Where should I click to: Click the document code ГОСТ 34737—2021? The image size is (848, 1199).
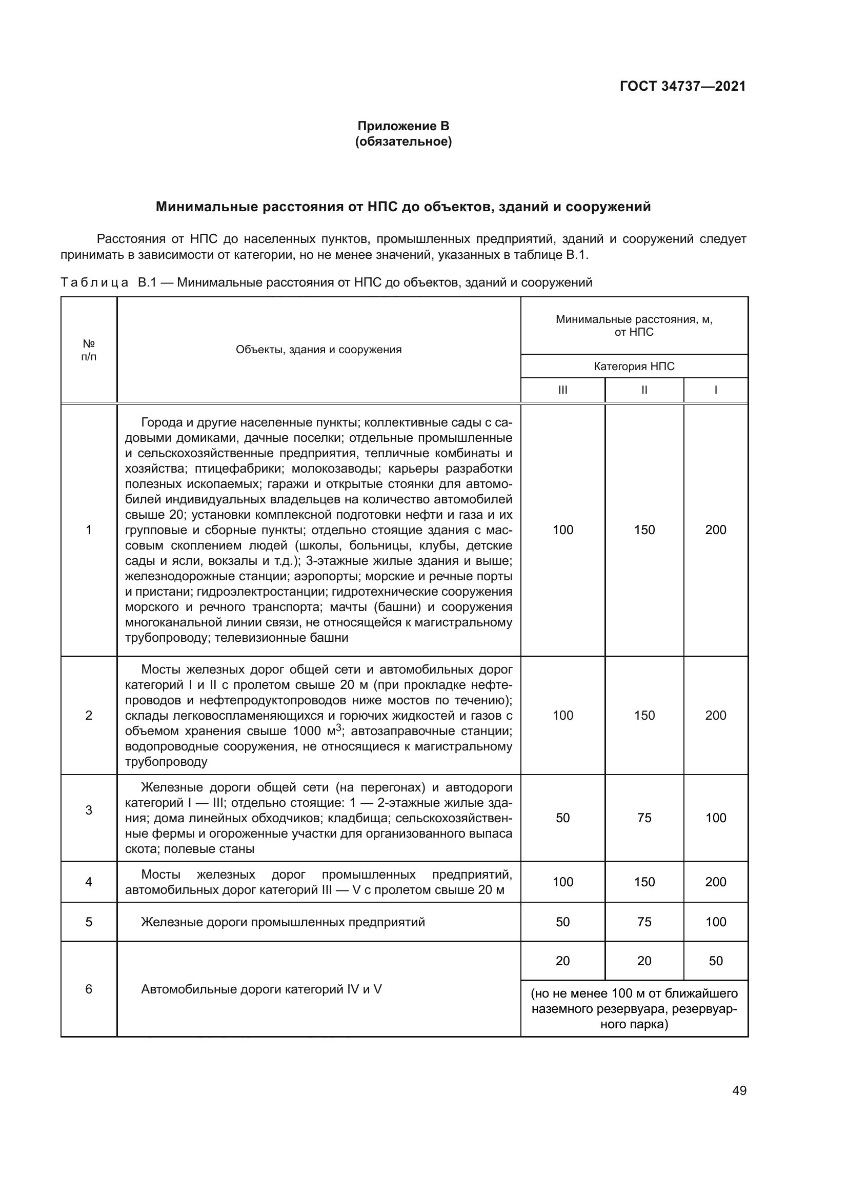[682, 86]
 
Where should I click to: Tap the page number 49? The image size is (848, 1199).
[739, 1090]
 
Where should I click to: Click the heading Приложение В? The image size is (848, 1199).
[403, 126]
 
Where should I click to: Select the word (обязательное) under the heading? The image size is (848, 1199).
[403, 141]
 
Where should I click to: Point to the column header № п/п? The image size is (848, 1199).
[89, 350]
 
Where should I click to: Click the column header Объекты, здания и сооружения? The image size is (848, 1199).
[318, 350]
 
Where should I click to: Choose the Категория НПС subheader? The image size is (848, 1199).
[634, 366]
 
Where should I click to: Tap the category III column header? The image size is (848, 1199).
[562, 390]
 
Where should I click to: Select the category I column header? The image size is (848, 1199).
[715, 390]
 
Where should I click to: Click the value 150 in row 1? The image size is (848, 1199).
[644, 530]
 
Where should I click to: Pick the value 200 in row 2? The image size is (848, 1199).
[715, 715]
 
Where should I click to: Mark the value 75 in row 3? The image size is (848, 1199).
[644, 817]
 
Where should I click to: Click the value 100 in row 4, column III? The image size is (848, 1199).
[562, 882]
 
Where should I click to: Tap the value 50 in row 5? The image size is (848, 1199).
[562, 922]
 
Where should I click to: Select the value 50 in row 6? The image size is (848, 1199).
[715, 960]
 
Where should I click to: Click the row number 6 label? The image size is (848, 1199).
[89, 988]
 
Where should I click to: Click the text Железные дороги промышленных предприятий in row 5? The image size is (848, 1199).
[282, 922]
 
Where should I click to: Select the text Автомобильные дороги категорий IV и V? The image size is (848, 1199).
[261, 988]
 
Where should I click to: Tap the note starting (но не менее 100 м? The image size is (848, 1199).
[634, 1008]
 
